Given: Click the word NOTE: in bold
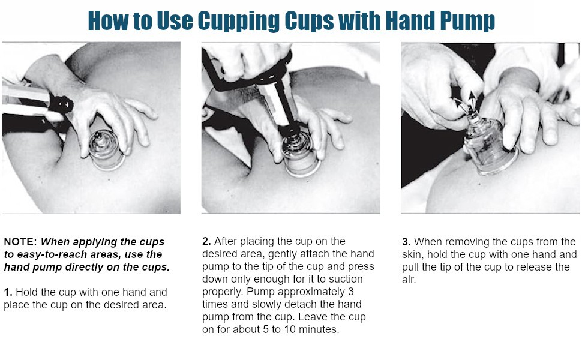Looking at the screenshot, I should tap(20, 242).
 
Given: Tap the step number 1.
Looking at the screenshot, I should tap(7, 292).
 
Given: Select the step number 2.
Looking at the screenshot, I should tap(206, 241).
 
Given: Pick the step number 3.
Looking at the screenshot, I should tap(406, 242).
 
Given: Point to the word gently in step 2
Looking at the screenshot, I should tap(293, 254).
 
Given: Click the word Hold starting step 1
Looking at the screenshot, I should tap(27, 292).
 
